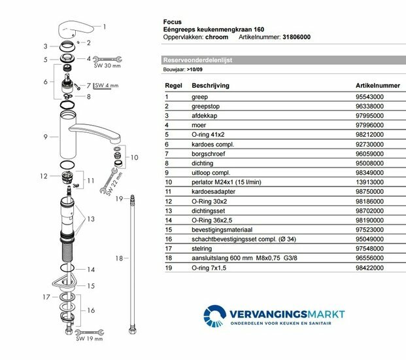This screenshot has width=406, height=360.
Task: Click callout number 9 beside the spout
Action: point(46,136)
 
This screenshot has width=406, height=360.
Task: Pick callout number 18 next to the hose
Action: point(118,259)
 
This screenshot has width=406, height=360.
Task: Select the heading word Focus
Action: point(171,22)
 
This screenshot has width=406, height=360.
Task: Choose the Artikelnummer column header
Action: point(376,86)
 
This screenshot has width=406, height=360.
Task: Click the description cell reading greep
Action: point(199,97)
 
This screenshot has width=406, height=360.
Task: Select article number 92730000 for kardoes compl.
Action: point(369,143)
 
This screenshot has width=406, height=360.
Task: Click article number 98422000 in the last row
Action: point(369,268)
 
